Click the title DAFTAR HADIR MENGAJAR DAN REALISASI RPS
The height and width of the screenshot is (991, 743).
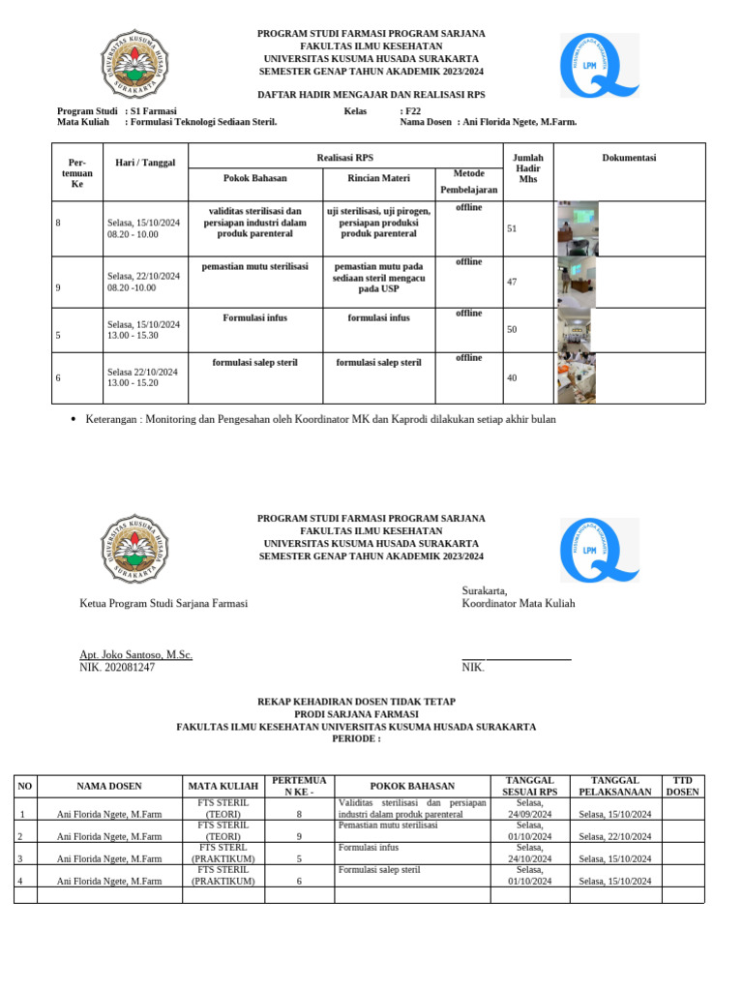click(x=371, y=94)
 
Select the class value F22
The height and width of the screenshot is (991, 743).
click(x=413, y=111)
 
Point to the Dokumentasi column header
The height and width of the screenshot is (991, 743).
click(x=629, y=158)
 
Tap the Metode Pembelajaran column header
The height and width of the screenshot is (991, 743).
click(x=468, y=181)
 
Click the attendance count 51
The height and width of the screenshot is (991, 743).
click(x=512, y=228)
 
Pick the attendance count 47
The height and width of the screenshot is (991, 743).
click(x=512, y=282)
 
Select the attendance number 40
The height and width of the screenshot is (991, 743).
click(x=512, y=377)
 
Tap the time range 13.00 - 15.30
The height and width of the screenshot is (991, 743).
click(x=133, y=335)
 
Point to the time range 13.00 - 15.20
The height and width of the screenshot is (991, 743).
click(x=133, y=383)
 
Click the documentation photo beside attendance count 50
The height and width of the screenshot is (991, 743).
click(x=576, y=329)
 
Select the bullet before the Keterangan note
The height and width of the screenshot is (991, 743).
click(x=74, y=420)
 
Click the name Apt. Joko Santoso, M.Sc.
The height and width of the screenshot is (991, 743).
click(x=135, y=655)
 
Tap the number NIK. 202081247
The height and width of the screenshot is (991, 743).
click(x=117, y=668)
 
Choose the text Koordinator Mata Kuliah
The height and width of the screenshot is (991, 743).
click(x=519, y=603)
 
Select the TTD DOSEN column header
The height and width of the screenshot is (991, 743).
click(x=683, y=786)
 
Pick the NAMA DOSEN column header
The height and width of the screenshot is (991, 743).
click(x=109, y=786)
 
